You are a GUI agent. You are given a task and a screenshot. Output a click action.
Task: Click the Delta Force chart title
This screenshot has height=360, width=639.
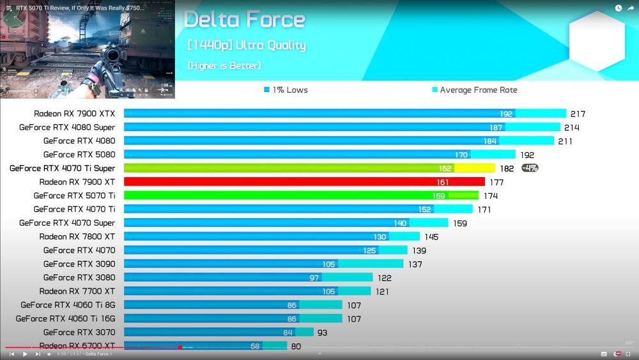244,20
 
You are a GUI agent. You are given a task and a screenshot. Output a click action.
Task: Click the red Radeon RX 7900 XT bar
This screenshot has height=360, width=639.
304,182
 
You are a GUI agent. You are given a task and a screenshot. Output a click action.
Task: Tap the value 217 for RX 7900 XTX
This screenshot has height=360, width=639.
578,114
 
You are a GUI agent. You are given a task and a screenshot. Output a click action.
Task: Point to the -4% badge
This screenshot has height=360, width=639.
530,168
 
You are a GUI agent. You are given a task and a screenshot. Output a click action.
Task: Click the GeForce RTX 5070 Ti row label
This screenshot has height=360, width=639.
74,196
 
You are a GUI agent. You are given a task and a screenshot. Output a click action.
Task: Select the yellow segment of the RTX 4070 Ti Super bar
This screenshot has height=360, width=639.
474,168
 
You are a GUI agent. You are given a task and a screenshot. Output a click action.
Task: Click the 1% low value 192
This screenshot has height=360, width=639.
506,114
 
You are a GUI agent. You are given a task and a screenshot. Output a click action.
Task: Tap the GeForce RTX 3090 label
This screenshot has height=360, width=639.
79,263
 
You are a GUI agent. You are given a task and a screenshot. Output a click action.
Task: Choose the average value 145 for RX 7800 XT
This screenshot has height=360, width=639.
431,237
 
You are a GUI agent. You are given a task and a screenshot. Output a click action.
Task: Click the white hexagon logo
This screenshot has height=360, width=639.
596,42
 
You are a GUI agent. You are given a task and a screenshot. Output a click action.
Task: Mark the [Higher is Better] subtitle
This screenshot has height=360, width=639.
224,66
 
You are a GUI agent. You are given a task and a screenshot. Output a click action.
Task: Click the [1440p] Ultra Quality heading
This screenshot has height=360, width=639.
247,45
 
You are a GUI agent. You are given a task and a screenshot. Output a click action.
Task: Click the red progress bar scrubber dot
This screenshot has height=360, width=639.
180,347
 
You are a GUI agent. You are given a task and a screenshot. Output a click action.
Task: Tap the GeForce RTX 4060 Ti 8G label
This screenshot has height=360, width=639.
68,304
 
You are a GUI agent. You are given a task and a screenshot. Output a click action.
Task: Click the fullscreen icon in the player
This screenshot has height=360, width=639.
627,354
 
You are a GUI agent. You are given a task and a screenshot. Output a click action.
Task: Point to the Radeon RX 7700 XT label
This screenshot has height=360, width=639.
77,291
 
